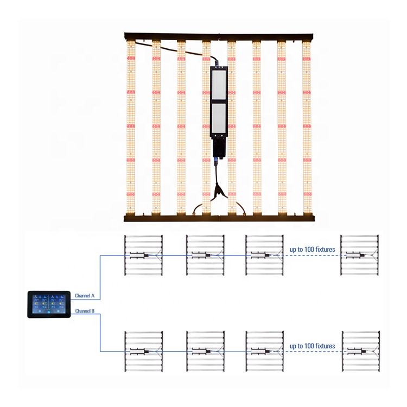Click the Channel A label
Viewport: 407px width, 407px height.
(x=85, y=296)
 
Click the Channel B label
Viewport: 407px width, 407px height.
(x=85, y=311)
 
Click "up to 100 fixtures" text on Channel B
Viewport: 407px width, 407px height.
(x=312, y=346)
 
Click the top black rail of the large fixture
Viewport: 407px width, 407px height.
(x=219, y=36)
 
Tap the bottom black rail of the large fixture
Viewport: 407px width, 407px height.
(x=219, y=218)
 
